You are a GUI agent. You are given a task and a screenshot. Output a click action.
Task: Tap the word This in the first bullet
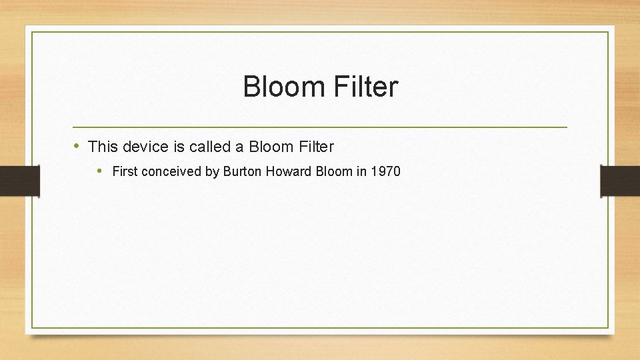(102, 146)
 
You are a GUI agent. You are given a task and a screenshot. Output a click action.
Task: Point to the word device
(143, 146)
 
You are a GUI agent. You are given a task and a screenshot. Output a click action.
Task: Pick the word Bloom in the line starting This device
(269, 146)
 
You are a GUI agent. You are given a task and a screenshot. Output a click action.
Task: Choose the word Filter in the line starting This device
(314, 146)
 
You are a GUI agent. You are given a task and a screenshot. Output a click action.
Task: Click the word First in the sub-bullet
(125, 171)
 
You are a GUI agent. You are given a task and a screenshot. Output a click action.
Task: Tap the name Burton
(243, 171)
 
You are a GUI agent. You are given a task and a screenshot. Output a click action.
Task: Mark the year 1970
(386, 171)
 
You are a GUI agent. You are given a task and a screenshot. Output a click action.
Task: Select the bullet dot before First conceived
(99, 171)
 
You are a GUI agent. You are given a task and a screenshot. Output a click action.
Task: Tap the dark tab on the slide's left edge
(19, 181)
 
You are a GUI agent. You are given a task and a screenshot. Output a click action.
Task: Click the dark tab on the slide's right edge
(620, 181)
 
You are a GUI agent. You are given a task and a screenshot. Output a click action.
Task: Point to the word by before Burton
(212, 171)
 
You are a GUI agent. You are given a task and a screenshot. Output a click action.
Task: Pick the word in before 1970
(361, 171)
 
